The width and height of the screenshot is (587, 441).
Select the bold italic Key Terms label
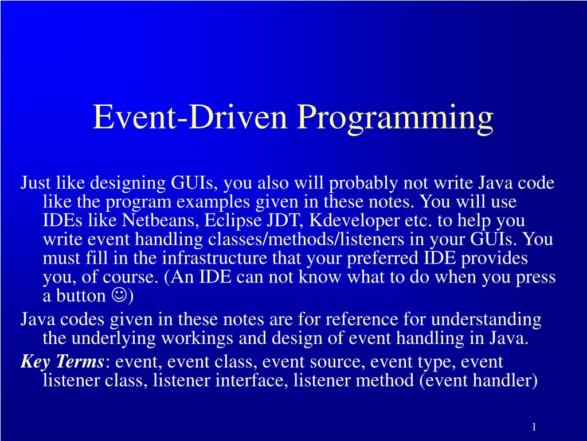click(62, 362)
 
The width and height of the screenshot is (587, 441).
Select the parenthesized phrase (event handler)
click(478, 381)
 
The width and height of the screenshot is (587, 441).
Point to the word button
click(79, 296)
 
